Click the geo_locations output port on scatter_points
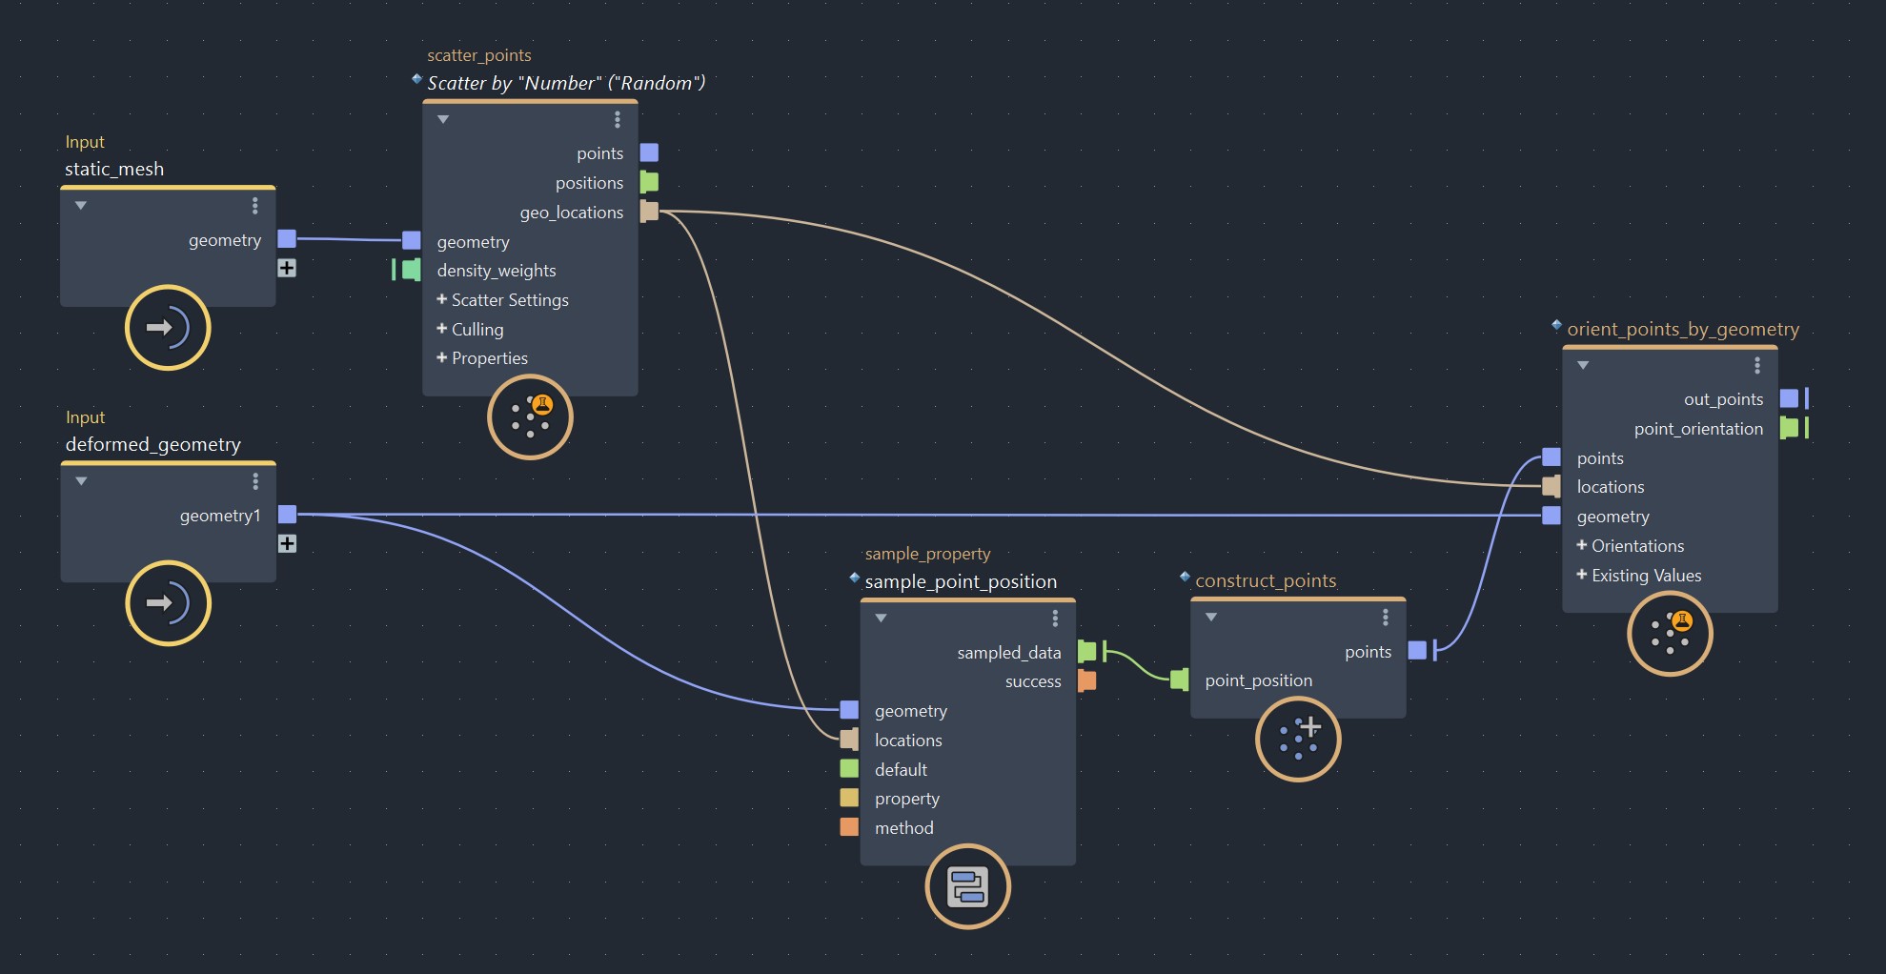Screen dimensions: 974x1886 click(649, 212)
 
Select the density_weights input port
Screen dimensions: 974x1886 click(411, 270)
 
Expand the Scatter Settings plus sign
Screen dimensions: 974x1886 click(441, 299)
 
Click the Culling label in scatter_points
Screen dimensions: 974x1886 click(477, 330)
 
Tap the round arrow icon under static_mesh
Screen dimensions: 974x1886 click(168, 328)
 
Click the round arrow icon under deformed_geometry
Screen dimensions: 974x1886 click(168, 603)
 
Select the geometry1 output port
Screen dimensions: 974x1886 click(287, 515)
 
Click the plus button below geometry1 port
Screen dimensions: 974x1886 click(287, 543)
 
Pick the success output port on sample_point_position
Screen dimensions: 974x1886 click(1086, 680)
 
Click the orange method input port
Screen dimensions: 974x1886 click(849, 827)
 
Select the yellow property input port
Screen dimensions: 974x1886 click(849, 798)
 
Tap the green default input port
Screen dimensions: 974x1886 click(849, 769)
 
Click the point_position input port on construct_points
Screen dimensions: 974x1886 click(1180, 680)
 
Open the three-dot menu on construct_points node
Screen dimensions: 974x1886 click(1385, 618)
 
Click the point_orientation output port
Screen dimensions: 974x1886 click(1789, 428)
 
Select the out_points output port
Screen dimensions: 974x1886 click(1789, 398)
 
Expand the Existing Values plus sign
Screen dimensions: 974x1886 click(1581, 575)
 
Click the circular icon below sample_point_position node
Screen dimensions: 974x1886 click(967, 886)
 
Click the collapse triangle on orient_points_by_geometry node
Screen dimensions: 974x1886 click(1583, 365)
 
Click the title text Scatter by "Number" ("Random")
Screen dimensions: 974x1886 click(566, 83)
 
